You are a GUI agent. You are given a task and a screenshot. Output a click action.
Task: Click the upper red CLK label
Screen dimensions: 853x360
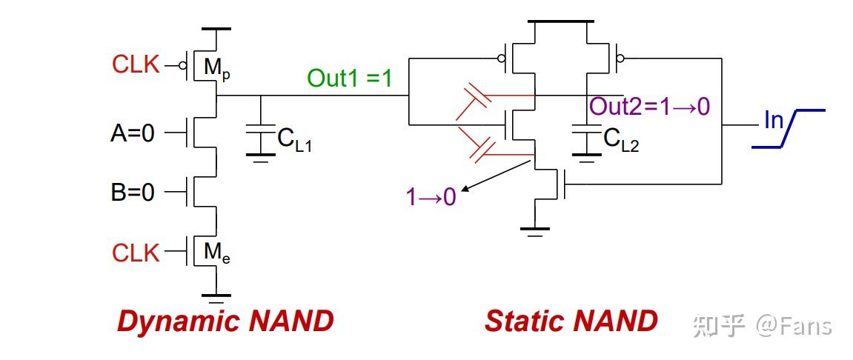coord(136,64)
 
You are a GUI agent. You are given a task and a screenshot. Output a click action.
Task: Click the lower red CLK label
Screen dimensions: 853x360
coord(136,253)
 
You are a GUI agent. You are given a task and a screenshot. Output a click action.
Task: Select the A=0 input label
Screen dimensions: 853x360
coord(133,133)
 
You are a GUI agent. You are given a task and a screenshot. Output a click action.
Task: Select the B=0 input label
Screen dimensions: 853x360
coord(133,193)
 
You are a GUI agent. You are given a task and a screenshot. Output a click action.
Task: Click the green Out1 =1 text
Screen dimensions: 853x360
coord(349,79)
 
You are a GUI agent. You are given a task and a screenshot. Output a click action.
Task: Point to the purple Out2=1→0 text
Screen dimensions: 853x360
coord(650,107)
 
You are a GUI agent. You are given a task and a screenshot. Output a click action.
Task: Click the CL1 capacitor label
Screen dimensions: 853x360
coord(294,140)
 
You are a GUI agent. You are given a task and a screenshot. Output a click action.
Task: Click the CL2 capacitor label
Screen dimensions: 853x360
coord(621,140)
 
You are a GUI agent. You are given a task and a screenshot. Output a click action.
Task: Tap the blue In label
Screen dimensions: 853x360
coord(774,120)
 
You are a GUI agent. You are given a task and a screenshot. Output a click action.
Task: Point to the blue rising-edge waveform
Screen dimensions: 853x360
coord(789,128)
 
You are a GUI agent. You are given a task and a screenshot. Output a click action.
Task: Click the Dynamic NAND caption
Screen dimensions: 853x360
coord(225,321)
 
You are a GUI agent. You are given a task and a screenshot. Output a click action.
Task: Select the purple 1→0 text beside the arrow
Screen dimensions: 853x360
coord(431,196)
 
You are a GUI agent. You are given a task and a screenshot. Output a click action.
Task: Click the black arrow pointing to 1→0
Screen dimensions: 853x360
coord(496,176)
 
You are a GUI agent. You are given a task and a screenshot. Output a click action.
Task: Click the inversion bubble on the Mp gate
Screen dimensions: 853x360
coord(183,66)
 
